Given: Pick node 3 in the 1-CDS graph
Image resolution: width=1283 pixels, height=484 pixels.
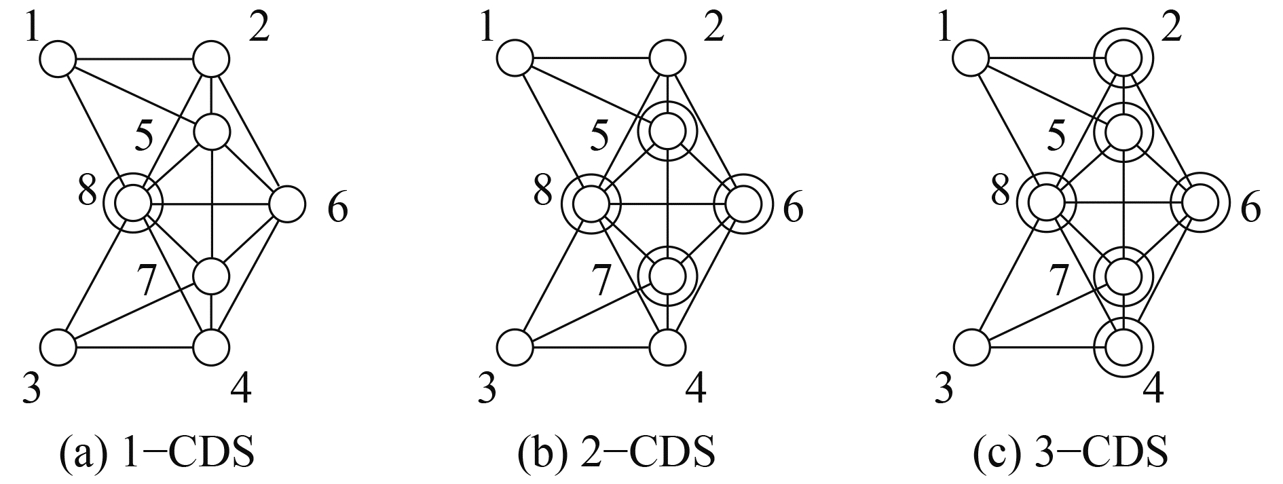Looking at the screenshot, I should [58, 348].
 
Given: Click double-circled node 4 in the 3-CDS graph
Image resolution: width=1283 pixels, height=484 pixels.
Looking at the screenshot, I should [1125, 348].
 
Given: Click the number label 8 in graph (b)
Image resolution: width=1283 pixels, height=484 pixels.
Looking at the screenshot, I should [543, 192].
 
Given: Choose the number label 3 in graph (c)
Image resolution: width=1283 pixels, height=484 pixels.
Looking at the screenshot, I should [943, 389].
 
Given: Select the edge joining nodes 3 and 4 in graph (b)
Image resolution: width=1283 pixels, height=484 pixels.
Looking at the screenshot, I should [592, 348].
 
